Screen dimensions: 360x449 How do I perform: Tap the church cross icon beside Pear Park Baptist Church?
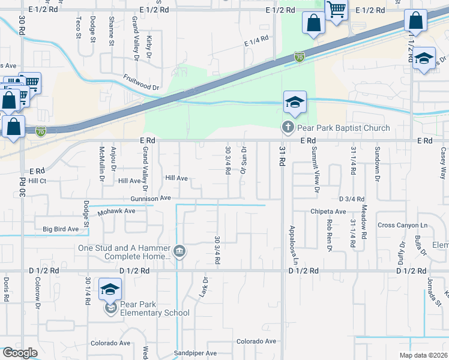[288, 127]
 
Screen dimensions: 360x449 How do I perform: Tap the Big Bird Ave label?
[61, 229]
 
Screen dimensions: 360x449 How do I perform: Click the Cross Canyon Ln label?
[402, 226]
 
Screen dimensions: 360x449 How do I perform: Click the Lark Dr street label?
[205, 289]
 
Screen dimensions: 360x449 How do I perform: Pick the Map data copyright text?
[423, 355]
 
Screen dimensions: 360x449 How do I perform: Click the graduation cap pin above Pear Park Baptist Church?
[295, 103]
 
